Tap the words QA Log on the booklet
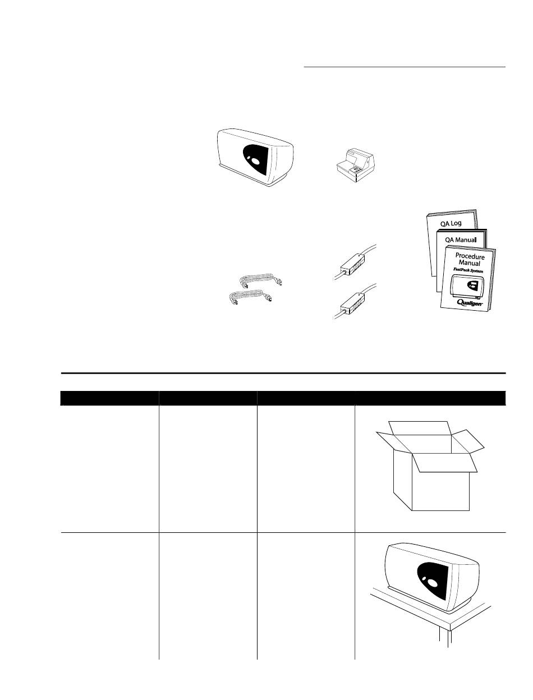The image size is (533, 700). pos(451,223)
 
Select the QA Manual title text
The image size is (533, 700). pos(461,240)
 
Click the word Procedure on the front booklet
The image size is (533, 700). pos(470,256)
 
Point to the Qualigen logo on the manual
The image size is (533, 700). pos(470,302)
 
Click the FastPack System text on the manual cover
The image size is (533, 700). pos(468,270)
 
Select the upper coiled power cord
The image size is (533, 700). pos(261,279)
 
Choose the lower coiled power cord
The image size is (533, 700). pos(251,297)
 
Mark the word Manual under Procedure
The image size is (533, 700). pos(469,263)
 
